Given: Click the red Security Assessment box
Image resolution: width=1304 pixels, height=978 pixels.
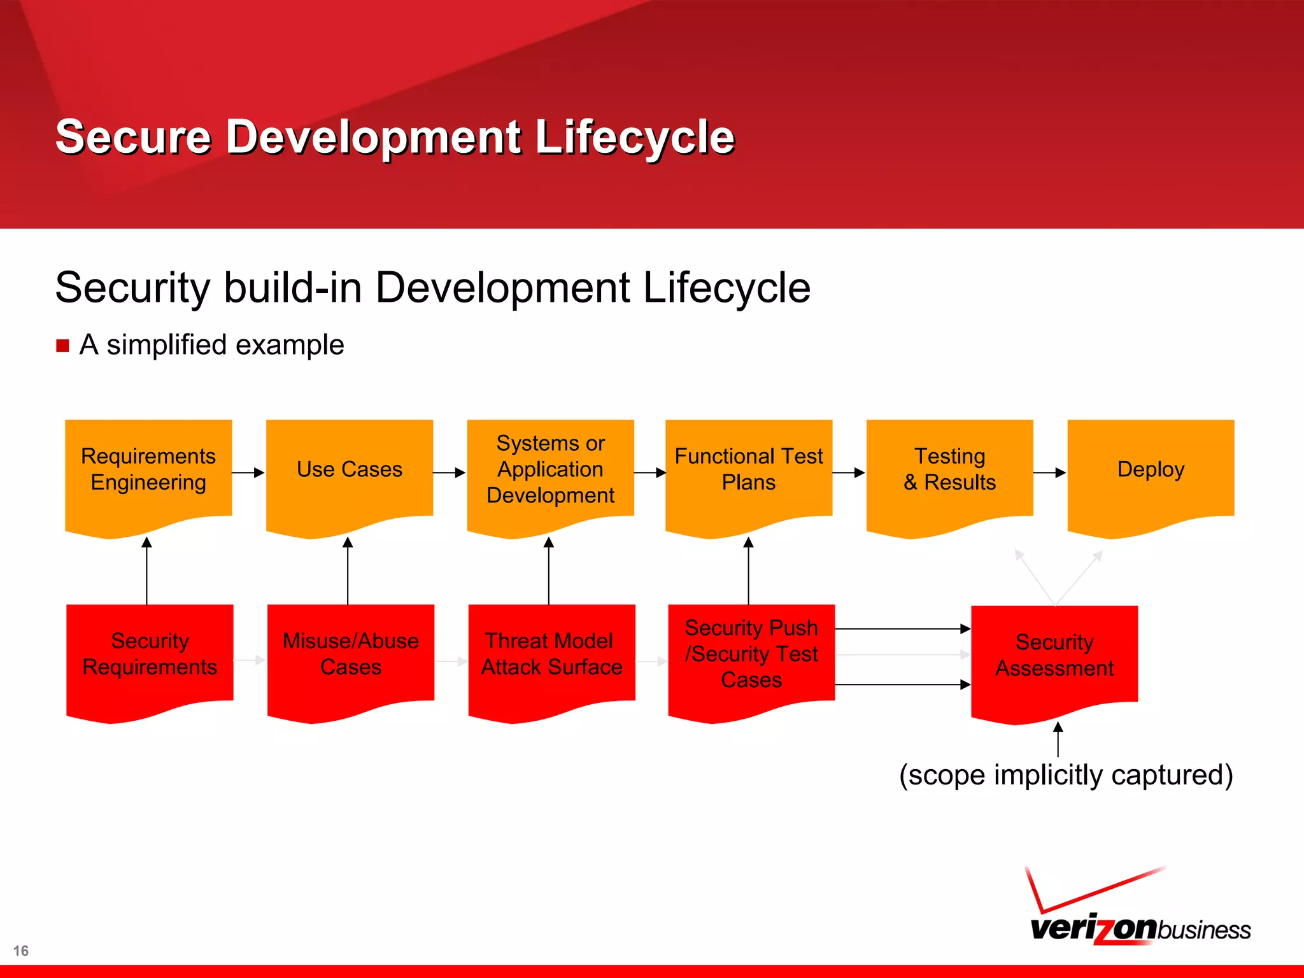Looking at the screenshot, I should [1054, 656].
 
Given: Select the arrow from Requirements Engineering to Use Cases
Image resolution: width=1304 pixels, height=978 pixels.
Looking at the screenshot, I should [248, 472].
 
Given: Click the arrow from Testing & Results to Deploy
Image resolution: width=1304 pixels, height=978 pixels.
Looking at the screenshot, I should [1049, 472].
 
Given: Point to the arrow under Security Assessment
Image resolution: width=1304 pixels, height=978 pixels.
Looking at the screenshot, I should [1058, 739].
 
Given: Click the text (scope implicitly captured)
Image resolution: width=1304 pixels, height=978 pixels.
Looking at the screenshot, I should [1066, 776].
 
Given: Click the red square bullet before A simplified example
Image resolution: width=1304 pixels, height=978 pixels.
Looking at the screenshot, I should [62, 346].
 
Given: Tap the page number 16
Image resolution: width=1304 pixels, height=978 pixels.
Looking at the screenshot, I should [21, 951].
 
